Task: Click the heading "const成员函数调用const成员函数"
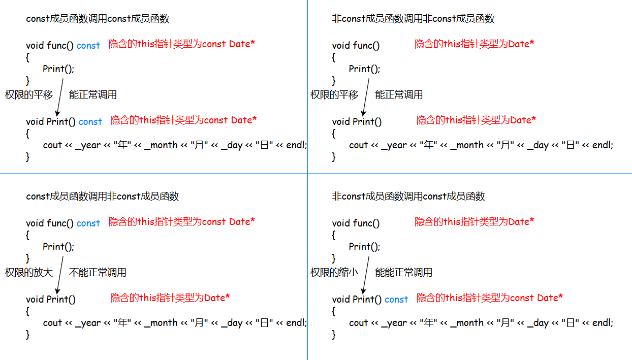pyautogui.click(x=98, y=19)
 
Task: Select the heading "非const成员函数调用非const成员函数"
pyautogui.click(x=413, y=19)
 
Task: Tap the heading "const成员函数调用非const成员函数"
pyautogui.click(x=102, y=197)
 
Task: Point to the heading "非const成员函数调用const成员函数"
pyautogui.click(x=408, y=197)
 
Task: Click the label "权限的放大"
pyautogui.click(x=29, y=273)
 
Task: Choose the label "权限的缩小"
pyautogui.click(x=334, y=273)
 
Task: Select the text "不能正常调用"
pyautogui.click(x=98, y=273)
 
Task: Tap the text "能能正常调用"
pyautogui.click(x=404, y=273)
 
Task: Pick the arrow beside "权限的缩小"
pyautogui.click(x=366, y=274)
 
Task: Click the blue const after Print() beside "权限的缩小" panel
pyautogui.click(x=396, y=300)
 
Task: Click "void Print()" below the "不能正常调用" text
pyautogui.click(x=51, y=300)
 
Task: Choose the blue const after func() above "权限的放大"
pyautogui.click(x=88, y=223)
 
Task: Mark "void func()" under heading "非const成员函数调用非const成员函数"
pyautogui.click(x=356, y=46)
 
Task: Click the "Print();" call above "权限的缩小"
pyautogui.click(x=364, y=247)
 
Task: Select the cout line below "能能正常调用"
pyautogui.click(x=481, y=323)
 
